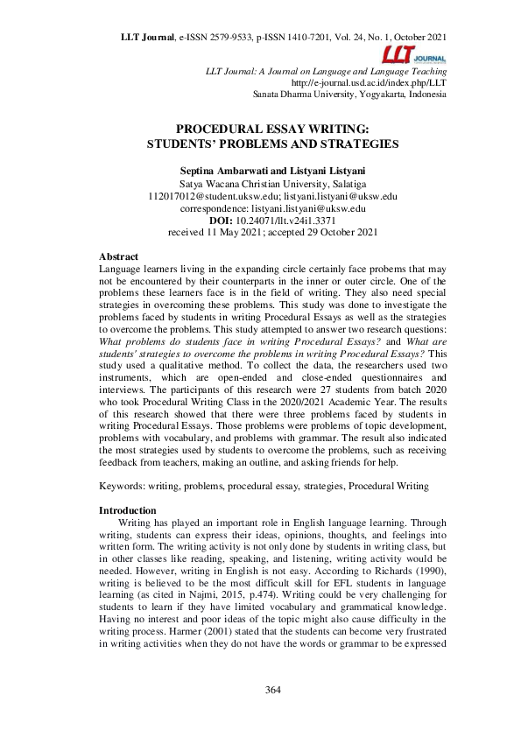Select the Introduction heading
[x=127, y=510]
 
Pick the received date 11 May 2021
[x=230, y=234]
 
